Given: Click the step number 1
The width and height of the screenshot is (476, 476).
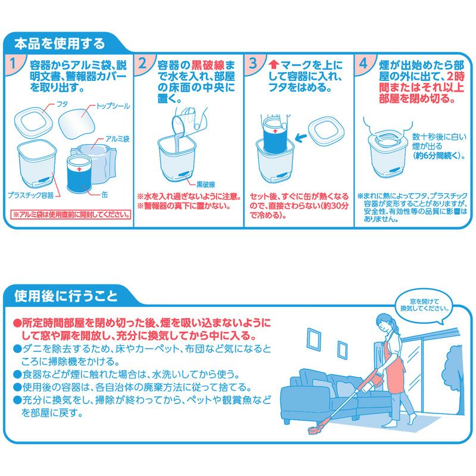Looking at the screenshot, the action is [x=12, y=63].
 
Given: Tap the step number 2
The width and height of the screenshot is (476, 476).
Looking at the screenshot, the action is [x=142, y=63].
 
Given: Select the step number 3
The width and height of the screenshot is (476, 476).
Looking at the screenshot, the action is [x=252, y=63].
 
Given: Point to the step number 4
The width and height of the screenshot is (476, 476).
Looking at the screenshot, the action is [x=363, y=63].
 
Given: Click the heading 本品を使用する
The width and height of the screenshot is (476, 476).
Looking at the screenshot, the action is [x=59, y=43].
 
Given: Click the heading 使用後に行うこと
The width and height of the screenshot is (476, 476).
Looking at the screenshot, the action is [x=65, y=296].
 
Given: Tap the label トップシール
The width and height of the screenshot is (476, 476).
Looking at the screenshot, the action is [x=112, y=107].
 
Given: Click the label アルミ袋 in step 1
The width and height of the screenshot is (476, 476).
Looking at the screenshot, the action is [x=117, y=139].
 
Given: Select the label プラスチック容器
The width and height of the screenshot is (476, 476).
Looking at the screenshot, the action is [x=30, y=195].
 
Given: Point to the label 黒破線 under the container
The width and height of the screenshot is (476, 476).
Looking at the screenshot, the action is [x=205, y=184].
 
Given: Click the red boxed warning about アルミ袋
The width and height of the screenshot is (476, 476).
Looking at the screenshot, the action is [x=71, y=215].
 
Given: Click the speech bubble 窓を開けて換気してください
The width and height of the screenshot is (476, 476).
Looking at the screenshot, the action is [x=424, y=306].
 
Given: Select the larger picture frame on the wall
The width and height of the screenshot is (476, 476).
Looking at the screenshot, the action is [x=314, y=339].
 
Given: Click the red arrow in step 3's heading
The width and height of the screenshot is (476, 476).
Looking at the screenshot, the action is [x=274, y=64].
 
